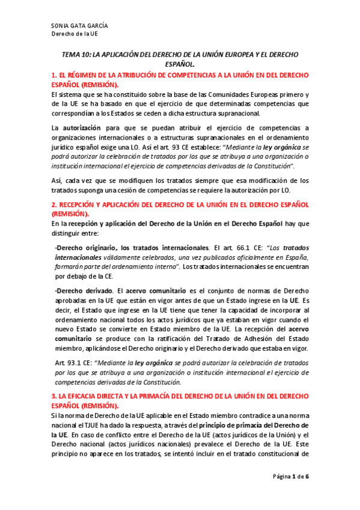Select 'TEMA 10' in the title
(x=76, y=54)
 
